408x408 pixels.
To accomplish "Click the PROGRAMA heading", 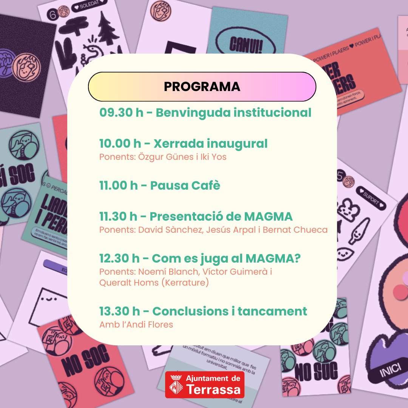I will [x=202, y=87].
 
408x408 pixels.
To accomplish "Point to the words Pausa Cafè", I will [x=185, y=186].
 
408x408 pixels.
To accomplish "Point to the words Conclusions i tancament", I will [x=230, y=311].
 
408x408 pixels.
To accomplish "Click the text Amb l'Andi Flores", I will [x=136, y=325].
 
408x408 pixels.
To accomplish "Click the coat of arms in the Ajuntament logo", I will [x=175, y=385].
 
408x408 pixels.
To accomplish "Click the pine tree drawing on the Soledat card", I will [x=108, y=28].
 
